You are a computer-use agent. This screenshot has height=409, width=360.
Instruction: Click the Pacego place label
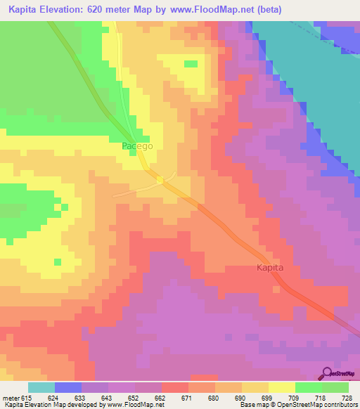pos(137,146)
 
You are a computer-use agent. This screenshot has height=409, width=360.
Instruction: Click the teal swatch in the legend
pos(41,387)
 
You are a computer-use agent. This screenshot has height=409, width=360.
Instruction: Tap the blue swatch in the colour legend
pos(68,387)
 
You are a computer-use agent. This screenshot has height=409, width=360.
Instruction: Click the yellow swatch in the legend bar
pos(282,387)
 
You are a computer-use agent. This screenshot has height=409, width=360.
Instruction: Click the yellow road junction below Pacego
pos(160,180)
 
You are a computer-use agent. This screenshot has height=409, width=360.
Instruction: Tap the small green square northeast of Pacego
pos(191,64)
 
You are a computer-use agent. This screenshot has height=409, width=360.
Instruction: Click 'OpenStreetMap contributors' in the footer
pos(317,405)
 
